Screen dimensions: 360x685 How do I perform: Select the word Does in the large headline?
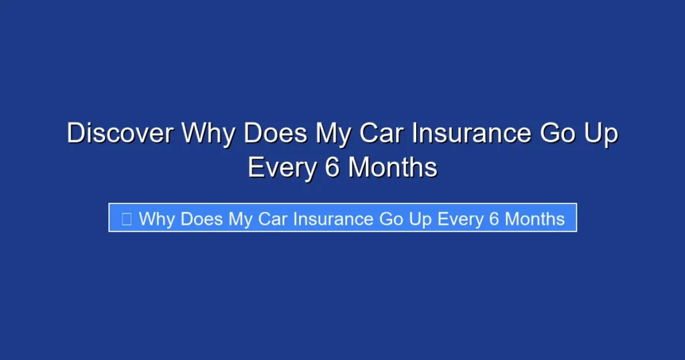tap(271, 133)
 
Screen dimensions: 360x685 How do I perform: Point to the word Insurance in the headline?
tap(471, 133)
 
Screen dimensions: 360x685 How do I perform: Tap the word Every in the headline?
tap(282, 167)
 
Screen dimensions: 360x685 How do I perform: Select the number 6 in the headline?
tap(332, 167)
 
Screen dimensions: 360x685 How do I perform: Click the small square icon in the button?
tap(126, 219)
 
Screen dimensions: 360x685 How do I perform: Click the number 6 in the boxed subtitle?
tap(494, 219)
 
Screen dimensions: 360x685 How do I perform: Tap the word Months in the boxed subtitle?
tap(535, 219)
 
